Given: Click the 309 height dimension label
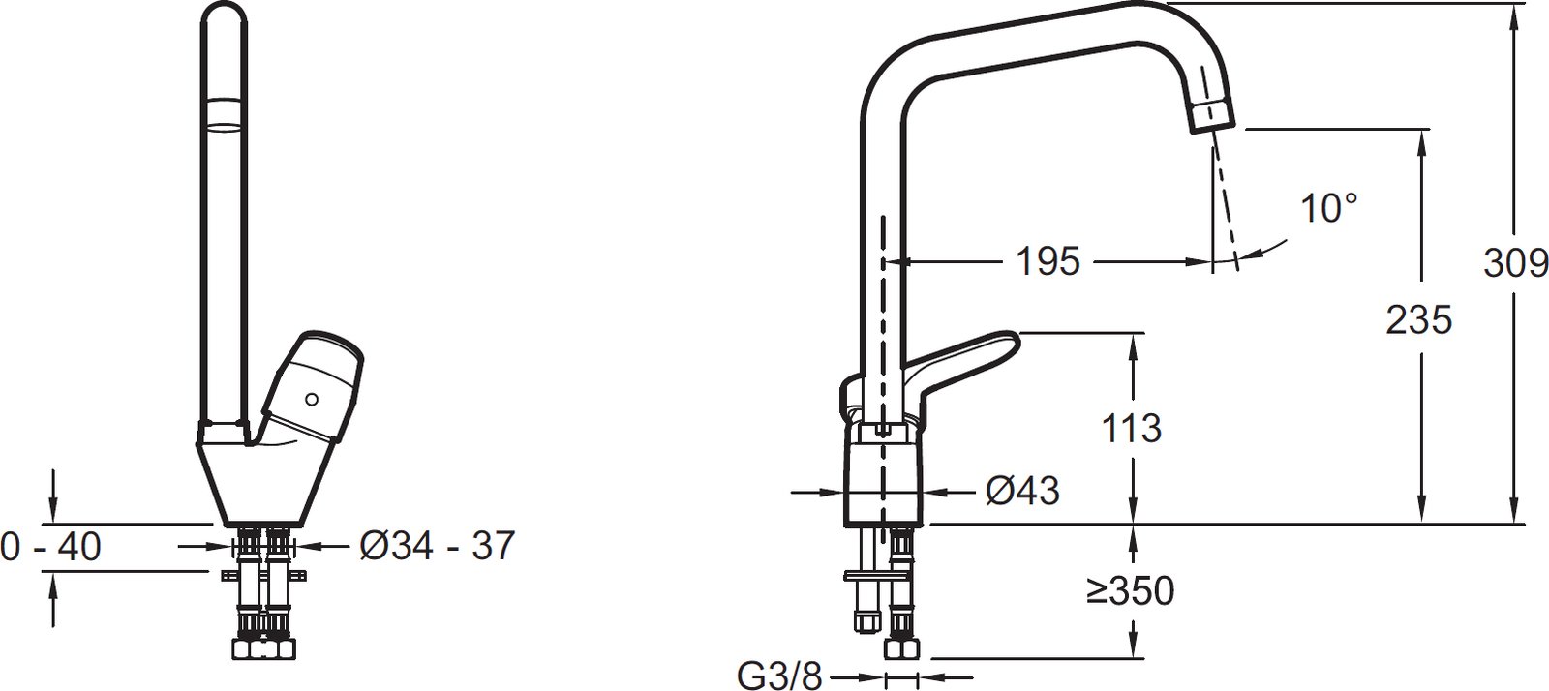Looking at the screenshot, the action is (1515, 263).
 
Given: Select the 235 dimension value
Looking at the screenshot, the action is (1419, 320).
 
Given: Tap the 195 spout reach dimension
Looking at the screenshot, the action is (1048, 261).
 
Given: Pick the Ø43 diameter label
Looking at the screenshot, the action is (1022, 492).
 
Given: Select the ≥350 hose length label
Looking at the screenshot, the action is (1130, 590).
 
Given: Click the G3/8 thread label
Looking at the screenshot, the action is (779, 676).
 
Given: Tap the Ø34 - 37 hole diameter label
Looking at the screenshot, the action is (437, 545).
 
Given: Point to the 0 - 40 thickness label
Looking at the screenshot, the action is (51, 547).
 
